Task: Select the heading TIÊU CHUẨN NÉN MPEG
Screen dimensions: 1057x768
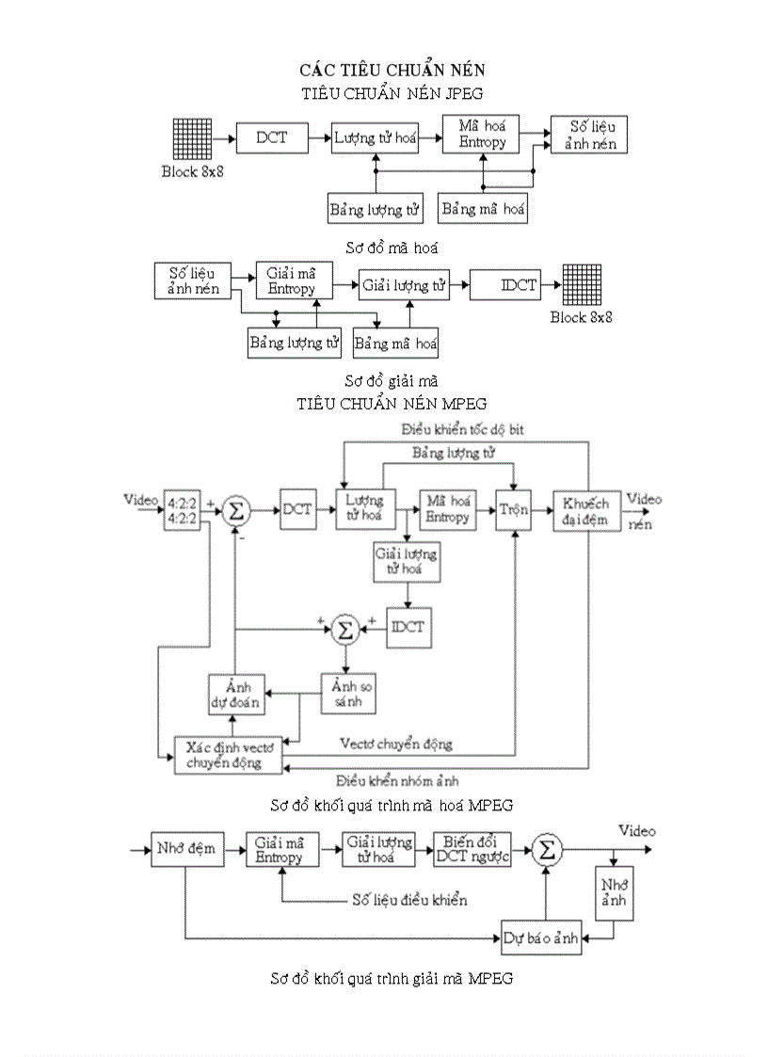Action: tap(392, 404)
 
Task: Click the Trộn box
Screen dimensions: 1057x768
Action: tap(514, 509)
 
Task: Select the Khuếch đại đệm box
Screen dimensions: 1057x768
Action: tap(587, 509)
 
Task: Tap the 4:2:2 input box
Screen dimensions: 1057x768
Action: tap(182, 509)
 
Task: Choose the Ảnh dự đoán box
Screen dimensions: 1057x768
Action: tap(235, 694)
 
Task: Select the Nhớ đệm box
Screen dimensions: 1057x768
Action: tap(185, 849)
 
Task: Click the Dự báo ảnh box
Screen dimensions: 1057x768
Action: tap(541, 937)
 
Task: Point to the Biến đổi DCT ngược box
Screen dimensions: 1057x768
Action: tap(472, 849)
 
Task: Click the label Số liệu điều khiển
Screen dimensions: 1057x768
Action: tap(409, 900)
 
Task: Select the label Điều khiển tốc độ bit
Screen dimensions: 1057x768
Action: tap(462, 429)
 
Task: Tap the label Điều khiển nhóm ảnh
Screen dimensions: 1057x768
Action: tap(397, 780)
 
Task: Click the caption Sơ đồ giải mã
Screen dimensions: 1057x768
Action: tap(392, 381)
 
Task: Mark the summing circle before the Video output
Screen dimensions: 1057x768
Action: tap(547, 850)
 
